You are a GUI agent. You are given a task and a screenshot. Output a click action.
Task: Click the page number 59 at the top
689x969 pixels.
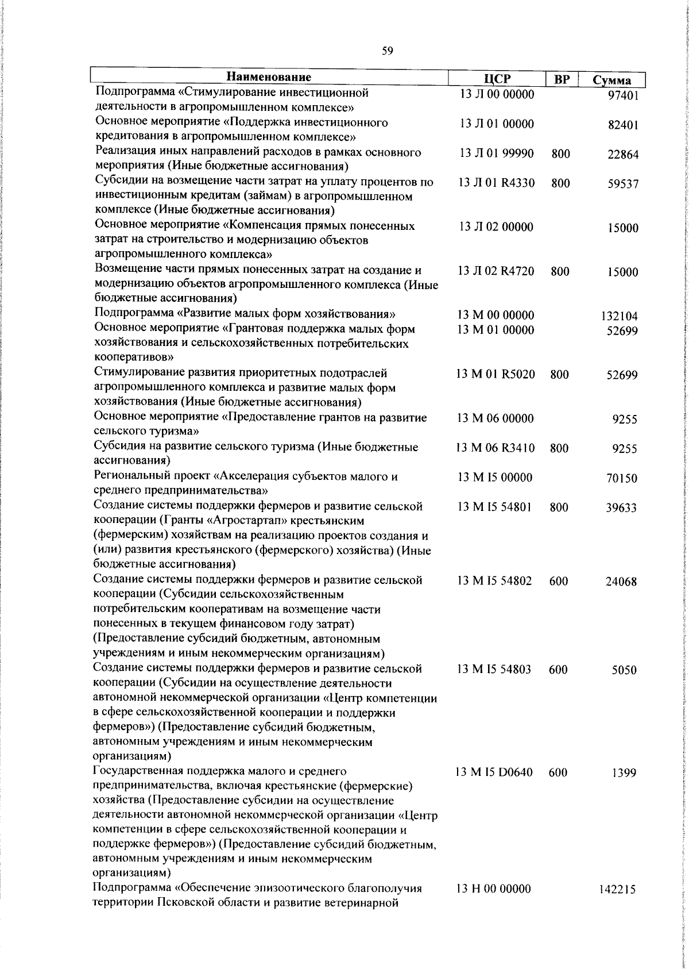[x=387, y=51]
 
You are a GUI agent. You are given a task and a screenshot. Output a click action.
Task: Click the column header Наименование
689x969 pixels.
[x=269, y=77]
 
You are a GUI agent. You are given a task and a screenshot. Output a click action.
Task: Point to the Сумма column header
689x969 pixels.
[x=611, y=80]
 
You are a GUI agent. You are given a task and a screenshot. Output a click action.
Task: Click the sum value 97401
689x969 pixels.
[x=623, y=95]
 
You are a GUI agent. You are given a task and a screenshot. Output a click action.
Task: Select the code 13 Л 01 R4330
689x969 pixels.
[x=497, y=183]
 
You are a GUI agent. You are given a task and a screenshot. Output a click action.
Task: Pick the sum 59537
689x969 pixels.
[x=623, y=184]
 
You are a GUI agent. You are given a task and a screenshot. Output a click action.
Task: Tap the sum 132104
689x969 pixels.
[x=620, y=316]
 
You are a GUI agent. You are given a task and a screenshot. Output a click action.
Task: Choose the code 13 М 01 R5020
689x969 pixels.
[x=496, y=374]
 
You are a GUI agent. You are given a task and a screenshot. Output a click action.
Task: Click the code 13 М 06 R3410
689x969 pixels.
[x=496, y=448]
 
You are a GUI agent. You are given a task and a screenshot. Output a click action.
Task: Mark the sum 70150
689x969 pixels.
[x=622, y=478]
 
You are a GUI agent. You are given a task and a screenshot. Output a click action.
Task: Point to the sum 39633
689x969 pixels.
[x=622, y=507]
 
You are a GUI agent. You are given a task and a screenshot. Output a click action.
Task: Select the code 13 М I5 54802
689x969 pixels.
[x=494, y=580]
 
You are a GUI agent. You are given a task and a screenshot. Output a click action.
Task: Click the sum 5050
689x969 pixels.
[x=624, y=670]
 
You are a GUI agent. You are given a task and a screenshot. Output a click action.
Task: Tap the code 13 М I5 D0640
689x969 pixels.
[x=494, y=772]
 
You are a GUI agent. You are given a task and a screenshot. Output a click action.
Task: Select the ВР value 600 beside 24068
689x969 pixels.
[x=558, y=581]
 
